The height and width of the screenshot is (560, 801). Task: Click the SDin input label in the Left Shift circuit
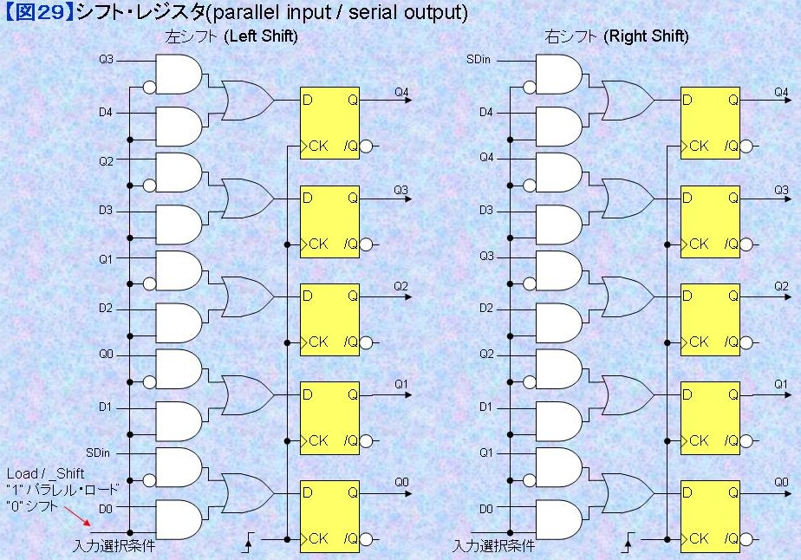click(x=98, y=453)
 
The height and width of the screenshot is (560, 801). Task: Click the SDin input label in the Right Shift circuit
click(x=479, y=60)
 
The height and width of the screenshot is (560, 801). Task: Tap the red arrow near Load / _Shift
click(x=78, y=516)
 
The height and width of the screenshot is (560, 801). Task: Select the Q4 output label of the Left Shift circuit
click(x=401, y=92)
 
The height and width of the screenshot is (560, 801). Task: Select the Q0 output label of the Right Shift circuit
click(x=781, y=482)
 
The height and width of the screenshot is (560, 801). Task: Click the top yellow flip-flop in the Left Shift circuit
click(x=329, y=123)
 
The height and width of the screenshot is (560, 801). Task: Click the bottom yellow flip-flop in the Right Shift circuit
click(x=710, y=517)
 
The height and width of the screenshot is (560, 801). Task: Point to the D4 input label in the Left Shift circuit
click(x=105, y=112)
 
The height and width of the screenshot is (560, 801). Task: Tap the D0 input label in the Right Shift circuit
click(x=485, y=509)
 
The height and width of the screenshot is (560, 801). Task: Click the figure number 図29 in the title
click(x=38, y=12)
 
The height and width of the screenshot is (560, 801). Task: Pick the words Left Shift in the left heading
click(x=263, y=36)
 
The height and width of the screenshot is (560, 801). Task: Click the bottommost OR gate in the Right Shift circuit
click(x=628, y=493)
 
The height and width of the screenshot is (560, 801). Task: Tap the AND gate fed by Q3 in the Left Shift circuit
click(x=179, y=74)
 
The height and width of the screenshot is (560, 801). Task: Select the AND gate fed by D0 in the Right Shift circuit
click(x=559, y=519)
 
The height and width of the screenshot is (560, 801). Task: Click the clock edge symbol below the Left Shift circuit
click(x=250, y=542)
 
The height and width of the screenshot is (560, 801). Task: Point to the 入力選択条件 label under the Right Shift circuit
click(x=494, y=546)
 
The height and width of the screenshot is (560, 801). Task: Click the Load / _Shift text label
click(x=45, y=473)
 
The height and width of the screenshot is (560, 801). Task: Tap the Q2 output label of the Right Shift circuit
click(x=781, y=286)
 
